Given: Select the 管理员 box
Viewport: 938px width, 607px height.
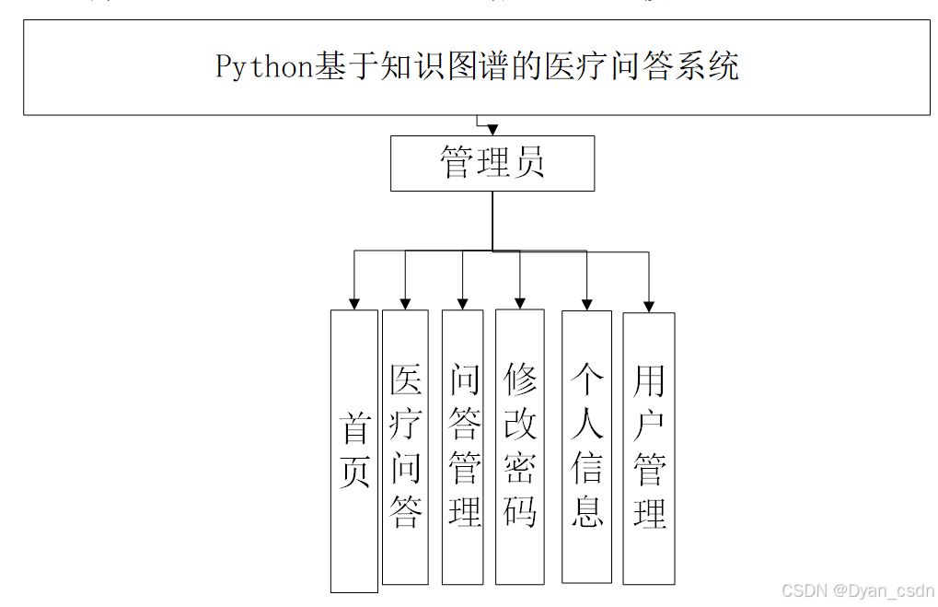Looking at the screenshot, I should pos(492,164).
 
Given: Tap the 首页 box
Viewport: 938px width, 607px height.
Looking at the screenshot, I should pos(354,450).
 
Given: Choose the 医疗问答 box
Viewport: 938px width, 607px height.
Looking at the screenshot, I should pos(405,447).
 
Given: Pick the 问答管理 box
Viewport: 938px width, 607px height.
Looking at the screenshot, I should pos(463,447).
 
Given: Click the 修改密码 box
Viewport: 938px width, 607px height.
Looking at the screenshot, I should pos(520,446).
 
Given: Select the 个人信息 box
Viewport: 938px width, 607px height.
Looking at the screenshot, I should pos(587,446).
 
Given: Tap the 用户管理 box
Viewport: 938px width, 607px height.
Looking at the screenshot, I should pos(649,449).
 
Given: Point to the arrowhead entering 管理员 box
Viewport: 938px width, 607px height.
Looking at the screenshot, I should pos(492,130).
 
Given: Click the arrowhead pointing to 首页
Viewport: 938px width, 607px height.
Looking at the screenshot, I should pos(354,304).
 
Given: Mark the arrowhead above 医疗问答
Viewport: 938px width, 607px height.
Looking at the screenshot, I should pos(405,303).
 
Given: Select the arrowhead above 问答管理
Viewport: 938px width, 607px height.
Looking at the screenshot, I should pos(463,303).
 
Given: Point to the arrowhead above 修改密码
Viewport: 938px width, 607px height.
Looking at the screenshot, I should pos(520,302).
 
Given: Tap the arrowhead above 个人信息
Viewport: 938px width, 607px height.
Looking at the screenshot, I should pos(586,304).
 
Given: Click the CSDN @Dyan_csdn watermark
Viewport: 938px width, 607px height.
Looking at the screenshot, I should pos(857,590).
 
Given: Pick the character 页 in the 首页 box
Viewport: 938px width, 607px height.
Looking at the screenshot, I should pos(354,472).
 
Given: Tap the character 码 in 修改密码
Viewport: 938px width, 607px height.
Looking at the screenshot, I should pos(520,509).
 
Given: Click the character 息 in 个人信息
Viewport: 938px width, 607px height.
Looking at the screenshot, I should pos(587,509).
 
